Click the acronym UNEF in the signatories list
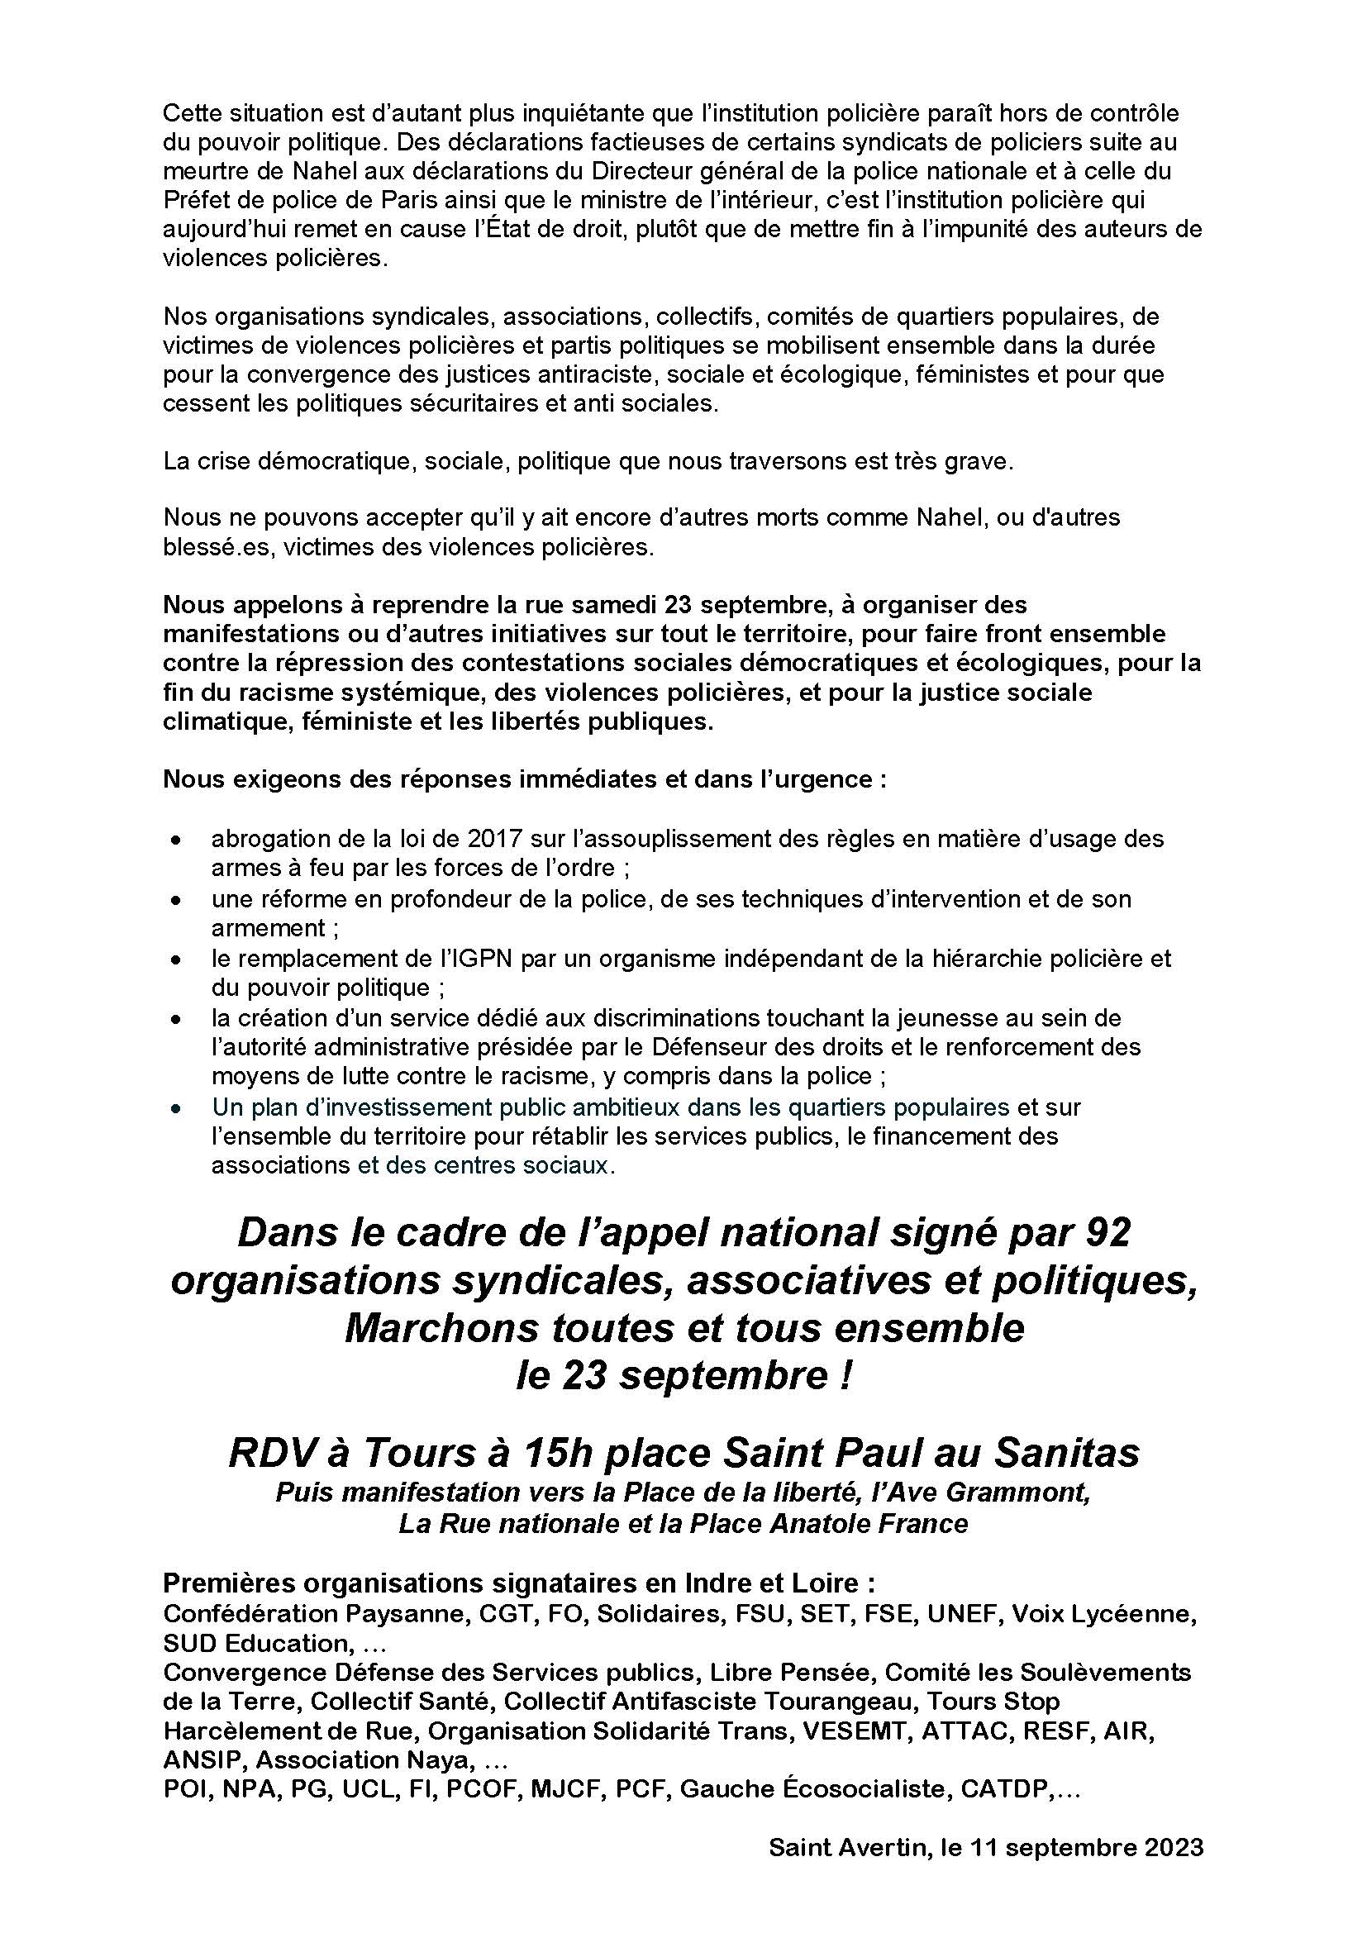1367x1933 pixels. (x=964, y=1614)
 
